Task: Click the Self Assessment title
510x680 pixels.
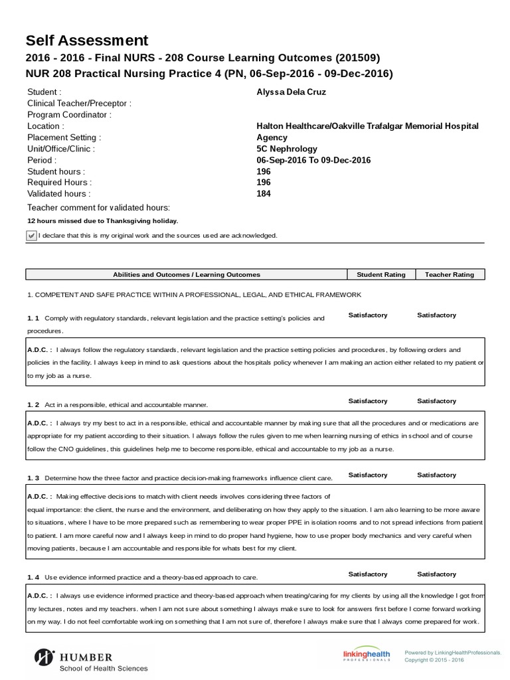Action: [x=87, y=41]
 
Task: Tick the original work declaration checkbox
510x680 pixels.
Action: [x=31, y=236]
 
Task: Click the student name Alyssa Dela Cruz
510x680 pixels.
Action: [x=291, y=92]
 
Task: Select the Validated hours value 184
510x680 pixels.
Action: [x=263, y=194]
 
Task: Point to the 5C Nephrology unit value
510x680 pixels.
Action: [x=287, y=149]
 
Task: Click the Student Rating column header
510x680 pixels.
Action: [x=381, y=274]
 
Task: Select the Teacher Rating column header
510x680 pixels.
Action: [x=450, y=274]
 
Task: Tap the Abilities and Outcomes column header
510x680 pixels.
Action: [x=187, y=274]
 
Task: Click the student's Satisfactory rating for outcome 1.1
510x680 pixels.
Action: [x=367, y=315]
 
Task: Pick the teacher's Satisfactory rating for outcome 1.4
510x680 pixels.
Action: [x=436, y=574]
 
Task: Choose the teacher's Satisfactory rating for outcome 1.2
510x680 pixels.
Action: [x=436, y=401]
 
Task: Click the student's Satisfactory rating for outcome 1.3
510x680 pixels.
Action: [x=367, y=475]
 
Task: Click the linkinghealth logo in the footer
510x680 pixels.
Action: [x=366, y=655]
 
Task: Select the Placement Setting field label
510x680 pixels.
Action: [x=64, y=137]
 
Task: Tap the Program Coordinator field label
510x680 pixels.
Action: [x=69, y=115]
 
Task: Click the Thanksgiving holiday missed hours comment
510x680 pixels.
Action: [x=102, y=221]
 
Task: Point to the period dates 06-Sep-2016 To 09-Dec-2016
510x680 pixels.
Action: [x=313, y=160]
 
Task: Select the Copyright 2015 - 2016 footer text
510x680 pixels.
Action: [x=434, y=660]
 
